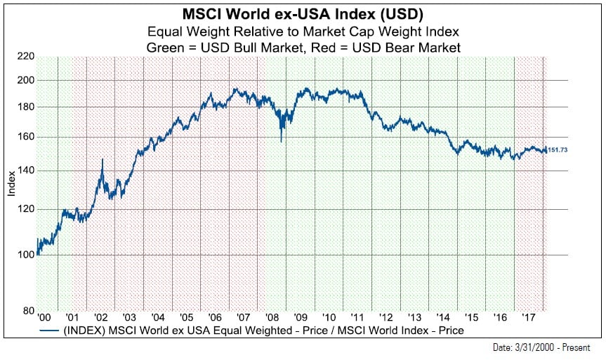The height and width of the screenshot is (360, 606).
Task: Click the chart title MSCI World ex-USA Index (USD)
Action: point(303,14)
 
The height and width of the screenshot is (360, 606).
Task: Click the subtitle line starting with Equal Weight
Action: point(303,31)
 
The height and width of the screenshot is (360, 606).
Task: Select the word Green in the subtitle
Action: point(162,47)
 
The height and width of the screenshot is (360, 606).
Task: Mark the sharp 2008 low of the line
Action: point(281,141)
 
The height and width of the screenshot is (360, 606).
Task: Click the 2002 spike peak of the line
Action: point(103,160)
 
